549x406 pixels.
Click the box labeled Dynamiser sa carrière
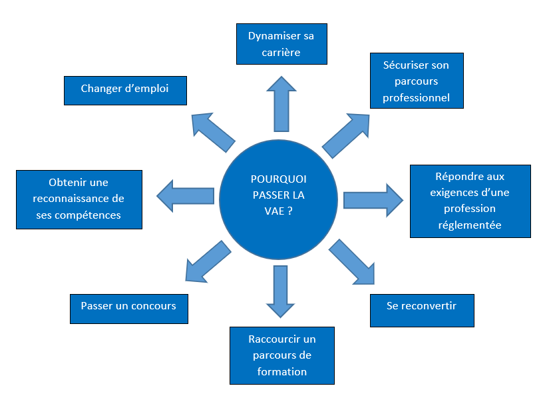pos(281,44)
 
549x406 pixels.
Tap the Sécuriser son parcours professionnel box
pos(416,81)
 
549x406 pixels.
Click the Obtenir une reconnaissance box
pos(79,199)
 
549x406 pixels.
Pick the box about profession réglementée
pos(470,201)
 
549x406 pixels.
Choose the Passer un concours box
pos(128,307)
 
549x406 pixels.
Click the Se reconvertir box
pos(421,307)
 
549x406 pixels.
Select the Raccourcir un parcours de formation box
pos(281,355)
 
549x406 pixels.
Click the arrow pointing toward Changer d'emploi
pos(214,131)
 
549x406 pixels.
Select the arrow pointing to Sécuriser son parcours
pos(346,136)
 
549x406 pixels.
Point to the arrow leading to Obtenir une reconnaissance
pos(186,196)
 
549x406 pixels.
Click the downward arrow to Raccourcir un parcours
pos(281,291)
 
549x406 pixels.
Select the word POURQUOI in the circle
pos(279,179)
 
